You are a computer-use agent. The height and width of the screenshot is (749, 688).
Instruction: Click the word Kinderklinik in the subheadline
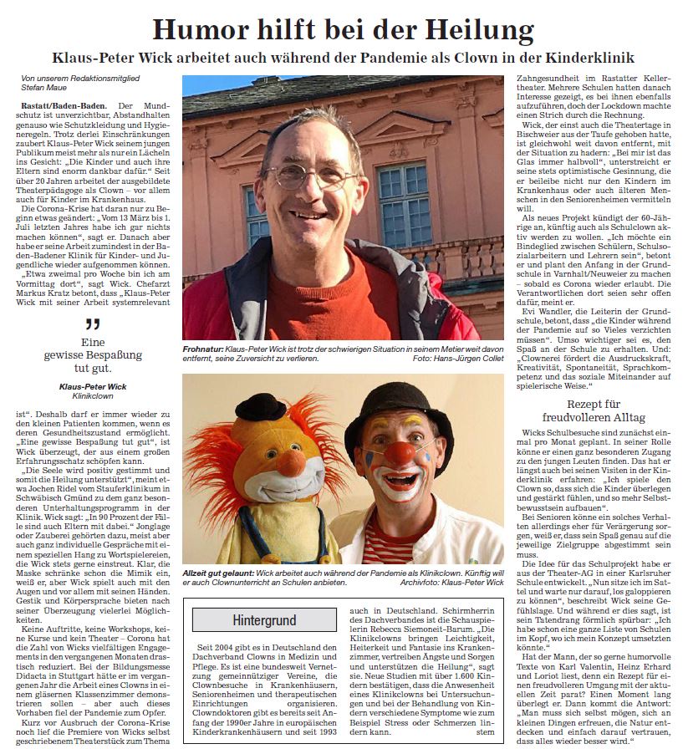point(585,59)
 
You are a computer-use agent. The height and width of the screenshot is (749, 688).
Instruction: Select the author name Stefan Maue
point(44,87)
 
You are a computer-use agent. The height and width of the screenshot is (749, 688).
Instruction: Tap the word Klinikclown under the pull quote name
point(93,398)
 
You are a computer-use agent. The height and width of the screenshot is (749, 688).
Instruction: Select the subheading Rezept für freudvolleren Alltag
point(594,410)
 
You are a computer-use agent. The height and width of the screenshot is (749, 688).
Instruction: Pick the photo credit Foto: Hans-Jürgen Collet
point(458,358)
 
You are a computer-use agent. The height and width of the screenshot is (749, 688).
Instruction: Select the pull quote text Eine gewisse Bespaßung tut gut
point(92,356)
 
